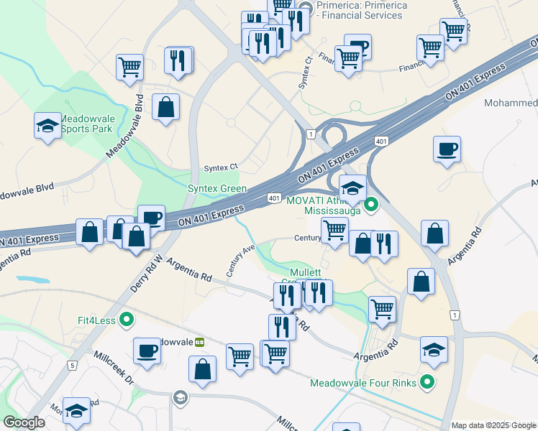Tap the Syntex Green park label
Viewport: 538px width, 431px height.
tap(217, 189)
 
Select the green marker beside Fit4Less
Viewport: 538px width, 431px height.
tap(127, 320)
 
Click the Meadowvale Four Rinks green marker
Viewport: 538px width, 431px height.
tap(428, 383)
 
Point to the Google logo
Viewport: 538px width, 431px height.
tap(24, 423)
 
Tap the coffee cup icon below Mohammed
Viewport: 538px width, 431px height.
tap(447, 149)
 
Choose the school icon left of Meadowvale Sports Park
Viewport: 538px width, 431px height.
tap(47, 126)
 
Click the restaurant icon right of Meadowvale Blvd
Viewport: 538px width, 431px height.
tap(178, 60)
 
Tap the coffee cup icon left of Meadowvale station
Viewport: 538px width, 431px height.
tap(147, 351)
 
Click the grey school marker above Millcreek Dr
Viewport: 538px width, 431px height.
tap(180, 397)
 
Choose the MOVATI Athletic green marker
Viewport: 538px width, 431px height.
tap(371, 205)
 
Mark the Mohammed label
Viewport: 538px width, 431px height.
tap(511, 103)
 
